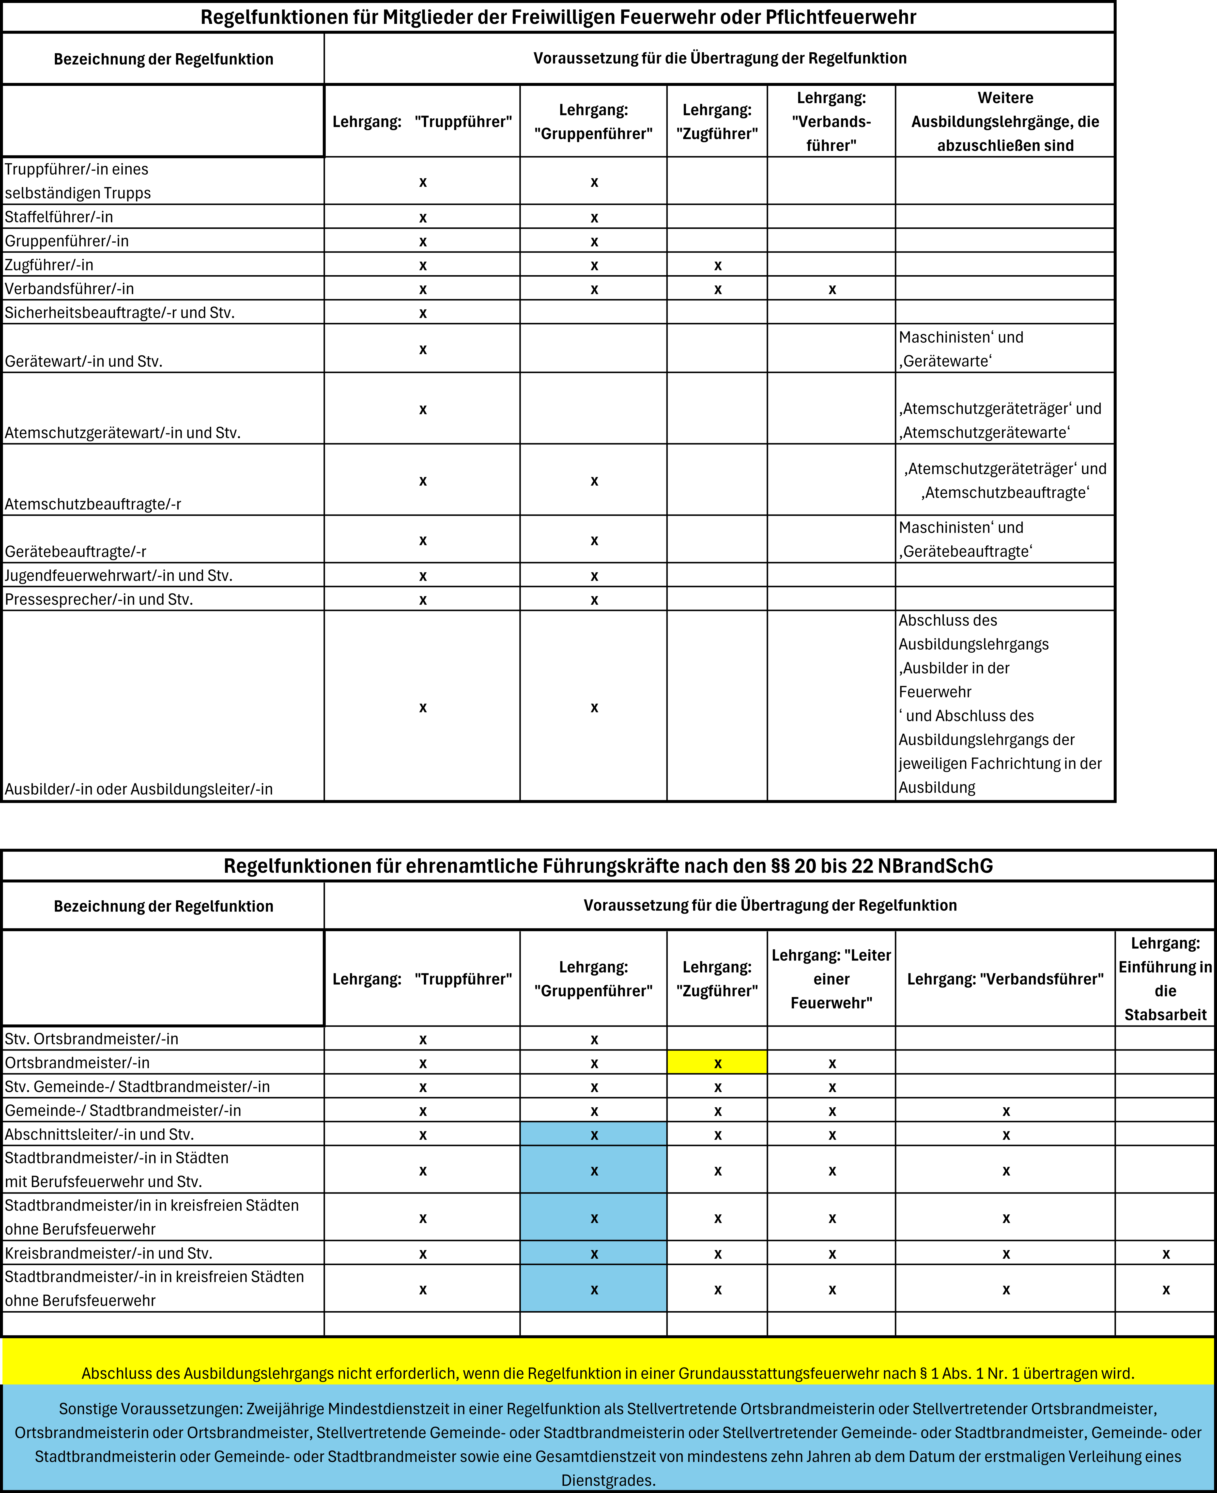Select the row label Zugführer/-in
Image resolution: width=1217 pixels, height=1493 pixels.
[49, 265]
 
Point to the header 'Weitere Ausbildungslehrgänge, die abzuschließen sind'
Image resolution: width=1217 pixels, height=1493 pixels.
[1005, 121]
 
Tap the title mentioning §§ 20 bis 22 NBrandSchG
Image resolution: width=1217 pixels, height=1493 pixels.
[608, 866]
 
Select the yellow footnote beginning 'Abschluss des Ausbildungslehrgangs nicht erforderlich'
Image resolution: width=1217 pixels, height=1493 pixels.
[608, 1373]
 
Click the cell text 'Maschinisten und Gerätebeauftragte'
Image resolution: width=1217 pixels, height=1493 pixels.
[965, 539]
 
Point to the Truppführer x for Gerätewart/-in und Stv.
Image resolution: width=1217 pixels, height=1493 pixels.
[423, 349]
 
